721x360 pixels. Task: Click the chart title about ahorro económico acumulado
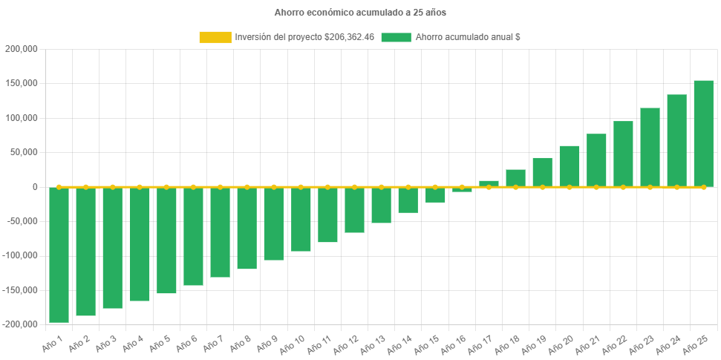[360, 13]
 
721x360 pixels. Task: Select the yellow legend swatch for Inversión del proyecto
[215, 37]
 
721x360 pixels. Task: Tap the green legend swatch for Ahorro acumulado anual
[396, 37]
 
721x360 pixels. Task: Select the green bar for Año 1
[59, 255]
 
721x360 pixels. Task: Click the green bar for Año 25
[703, 134]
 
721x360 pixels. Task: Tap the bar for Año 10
[301, 219]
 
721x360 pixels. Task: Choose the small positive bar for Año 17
[489, 183]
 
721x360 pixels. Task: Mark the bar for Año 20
[570, 166]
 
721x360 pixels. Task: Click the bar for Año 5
[166, 240]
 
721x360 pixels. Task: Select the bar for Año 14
[408, 200]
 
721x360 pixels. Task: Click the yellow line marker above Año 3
[113, 187]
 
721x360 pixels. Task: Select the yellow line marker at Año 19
[542, 187]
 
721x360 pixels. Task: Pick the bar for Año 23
[650, 147]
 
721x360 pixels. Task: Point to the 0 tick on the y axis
[35, 187]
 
